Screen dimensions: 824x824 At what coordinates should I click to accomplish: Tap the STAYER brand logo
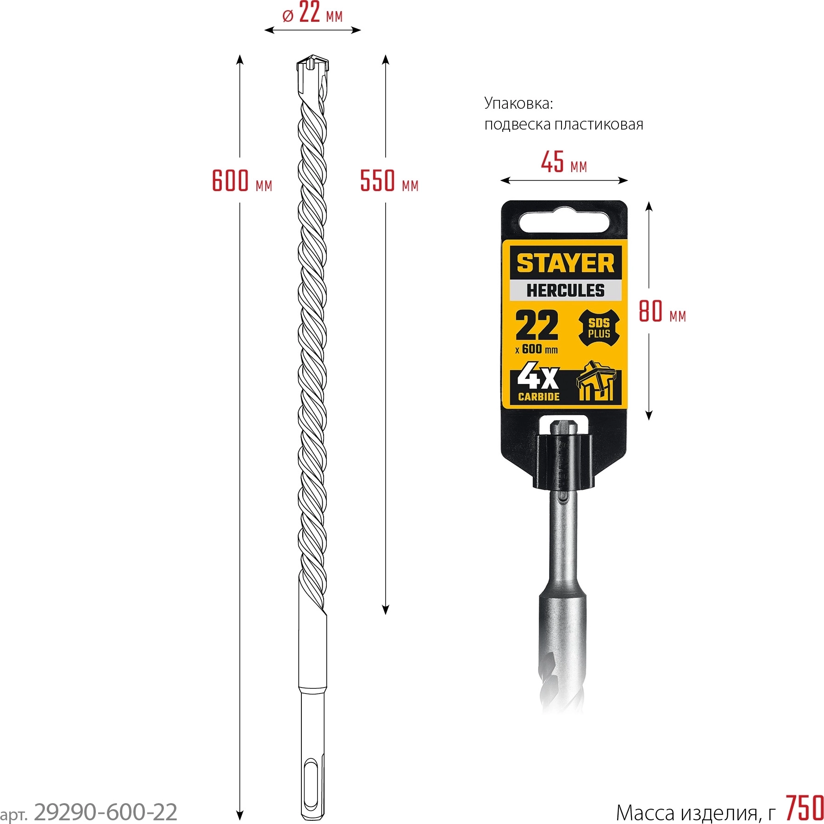click(565, 263)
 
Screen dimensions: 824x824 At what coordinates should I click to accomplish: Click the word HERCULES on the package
click(565, 290)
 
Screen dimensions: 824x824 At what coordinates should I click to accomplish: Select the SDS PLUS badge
click(599, 328)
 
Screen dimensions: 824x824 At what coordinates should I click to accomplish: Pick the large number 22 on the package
click(537, 325)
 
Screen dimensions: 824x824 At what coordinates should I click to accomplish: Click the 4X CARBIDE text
click(538, 384)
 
